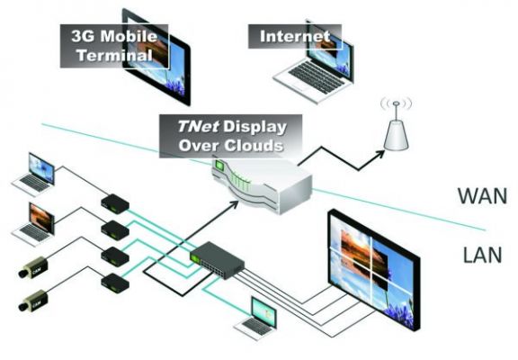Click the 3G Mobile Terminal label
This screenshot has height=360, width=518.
tap(114, 46)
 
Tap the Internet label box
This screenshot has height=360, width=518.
tap(295, 36)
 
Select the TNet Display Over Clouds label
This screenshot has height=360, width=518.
tap(230, 136)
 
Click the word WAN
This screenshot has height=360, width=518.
tap(482, 195)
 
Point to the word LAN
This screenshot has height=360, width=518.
tap(482, 255)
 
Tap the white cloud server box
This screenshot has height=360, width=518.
tap(261, 184)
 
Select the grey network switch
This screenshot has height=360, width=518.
tap(217, 260)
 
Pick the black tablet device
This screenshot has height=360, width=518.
tap(156, 57)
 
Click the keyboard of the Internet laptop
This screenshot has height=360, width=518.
tap(315, 76)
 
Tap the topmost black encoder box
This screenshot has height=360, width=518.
tap(114, 203)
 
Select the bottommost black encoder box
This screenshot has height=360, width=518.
tap(114, 283)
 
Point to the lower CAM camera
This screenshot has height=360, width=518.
tap(33, 301)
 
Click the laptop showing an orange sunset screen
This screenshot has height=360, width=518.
tap(33, 224)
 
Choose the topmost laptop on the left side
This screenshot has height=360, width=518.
tap(33, 175)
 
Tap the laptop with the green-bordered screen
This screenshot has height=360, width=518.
tap(256, 319)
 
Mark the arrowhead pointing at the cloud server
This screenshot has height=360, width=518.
tap(233, 204)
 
